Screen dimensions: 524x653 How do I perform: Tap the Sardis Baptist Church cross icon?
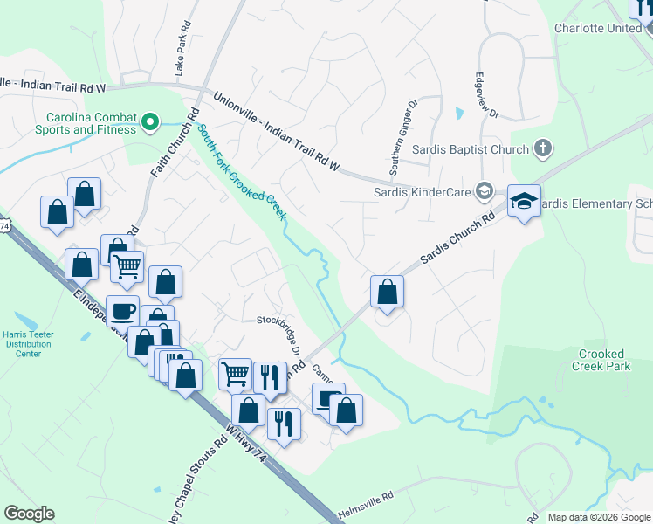pos(543,148)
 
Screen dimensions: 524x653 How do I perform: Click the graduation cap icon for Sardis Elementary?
pos(524,202)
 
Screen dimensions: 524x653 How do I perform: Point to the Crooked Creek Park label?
pos(602,360)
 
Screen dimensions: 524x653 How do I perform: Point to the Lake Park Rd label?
pos(182,53)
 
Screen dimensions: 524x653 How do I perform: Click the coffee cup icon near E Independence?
pos(122,310)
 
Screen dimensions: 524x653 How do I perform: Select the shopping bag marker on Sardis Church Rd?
pos(387,292)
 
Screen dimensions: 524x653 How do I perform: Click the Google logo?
pos(29,514)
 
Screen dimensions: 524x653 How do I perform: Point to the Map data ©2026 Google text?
pos(598,517)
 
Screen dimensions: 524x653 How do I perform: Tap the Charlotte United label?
pos(598,28)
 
